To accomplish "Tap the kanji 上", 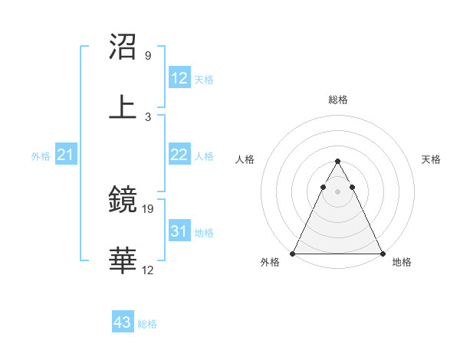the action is click(123, 107).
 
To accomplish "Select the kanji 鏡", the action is click(123, 201).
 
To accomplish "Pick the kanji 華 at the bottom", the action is click(123, 260).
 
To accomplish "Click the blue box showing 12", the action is click(179, 77).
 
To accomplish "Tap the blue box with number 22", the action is click(179, 155).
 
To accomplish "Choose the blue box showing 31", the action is click(179, 231).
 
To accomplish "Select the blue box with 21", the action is click(66, 155).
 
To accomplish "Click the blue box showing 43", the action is click(123, 322).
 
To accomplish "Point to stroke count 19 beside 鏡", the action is click(148, 208).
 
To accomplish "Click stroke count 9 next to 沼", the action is click(147, 55).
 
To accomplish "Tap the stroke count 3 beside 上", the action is click(147, 116).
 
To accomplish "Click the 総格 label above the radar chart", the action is click(338, 100).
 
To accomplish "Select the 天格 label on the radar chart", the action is click(432, 159).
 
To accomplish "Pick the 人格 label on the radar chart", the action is click(245, 159).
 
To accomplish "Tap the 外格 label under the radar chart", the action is click(270, 262).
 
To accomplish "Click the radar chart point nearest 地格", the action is click(383, 253).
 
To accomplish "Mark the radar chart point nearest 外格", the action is click(293, 253).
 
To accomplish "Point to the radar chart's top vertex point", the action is click(338, 162).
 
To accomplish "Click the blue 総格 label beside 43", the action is click(148, 324).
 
